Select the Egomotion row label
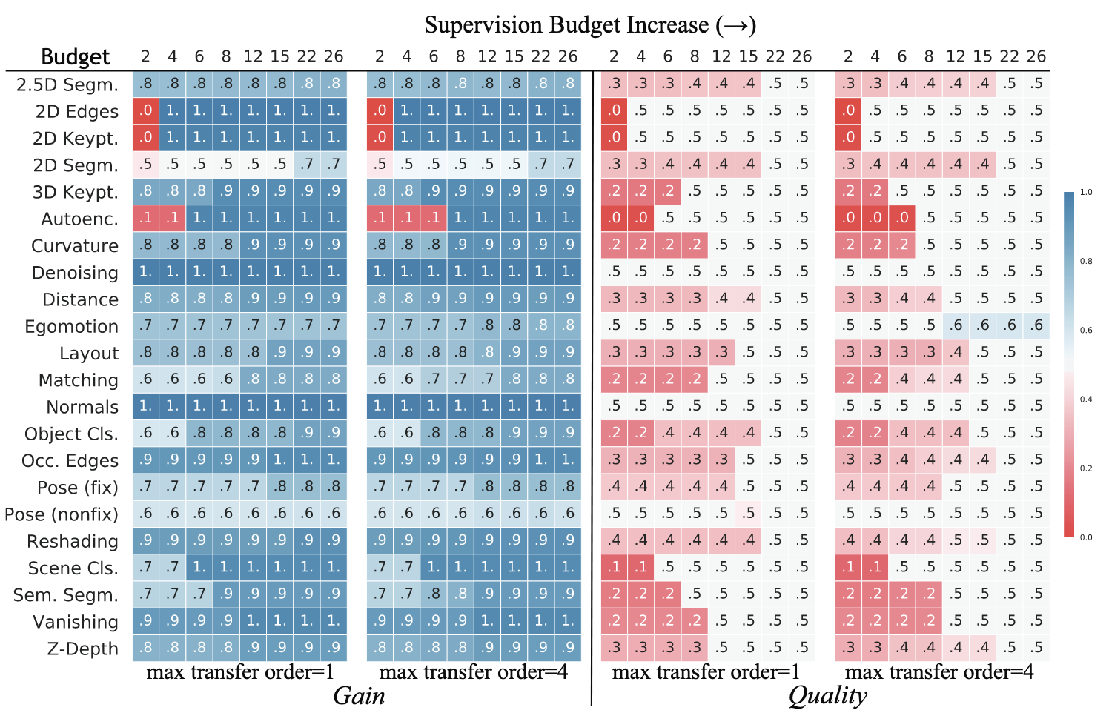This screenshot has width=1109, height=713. (x=71, y=327)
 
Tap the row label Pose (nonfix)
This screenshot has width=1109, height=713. (x=62, y=514)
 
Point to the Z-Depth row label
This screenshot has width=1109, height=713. (x=82, y=649)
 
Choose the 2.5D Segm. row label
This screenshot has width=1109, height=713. (x=67, y=85)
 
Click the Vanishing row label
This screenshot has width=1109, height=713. (x=76, y=622)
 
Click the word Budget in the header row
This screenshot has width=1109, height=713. (x=75, y=57)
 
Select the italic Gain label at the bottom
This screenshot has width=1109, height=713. (x=359, y=696)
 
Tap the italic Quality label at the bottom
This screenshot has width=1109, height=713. (x=827, y=696)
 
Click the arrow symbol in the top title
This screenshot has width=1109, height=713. (x=735, y=25)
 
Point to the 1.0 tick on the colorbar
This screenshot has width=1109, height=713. (x=1086, y=193)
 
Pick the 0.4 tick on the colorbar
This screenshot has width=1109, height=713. (x=1086, y=399)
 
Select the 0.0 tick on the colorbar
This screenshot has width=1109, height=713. (x=1086, y=537)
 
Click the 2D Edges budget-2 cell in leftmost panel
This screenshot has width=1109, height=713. (x=145, y=111)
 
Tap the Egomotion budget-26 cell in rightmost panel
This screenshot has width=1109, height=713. (x=1036, y=325)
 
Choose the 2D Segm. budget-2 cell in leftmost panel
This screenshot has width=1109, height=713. (x=145, y=165)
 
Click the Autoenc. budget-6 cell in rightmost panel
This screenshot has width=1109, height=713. (x=901, y=218)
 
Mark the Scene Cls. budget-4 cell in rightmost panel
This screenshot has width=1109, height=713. (x=875, y=567)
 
